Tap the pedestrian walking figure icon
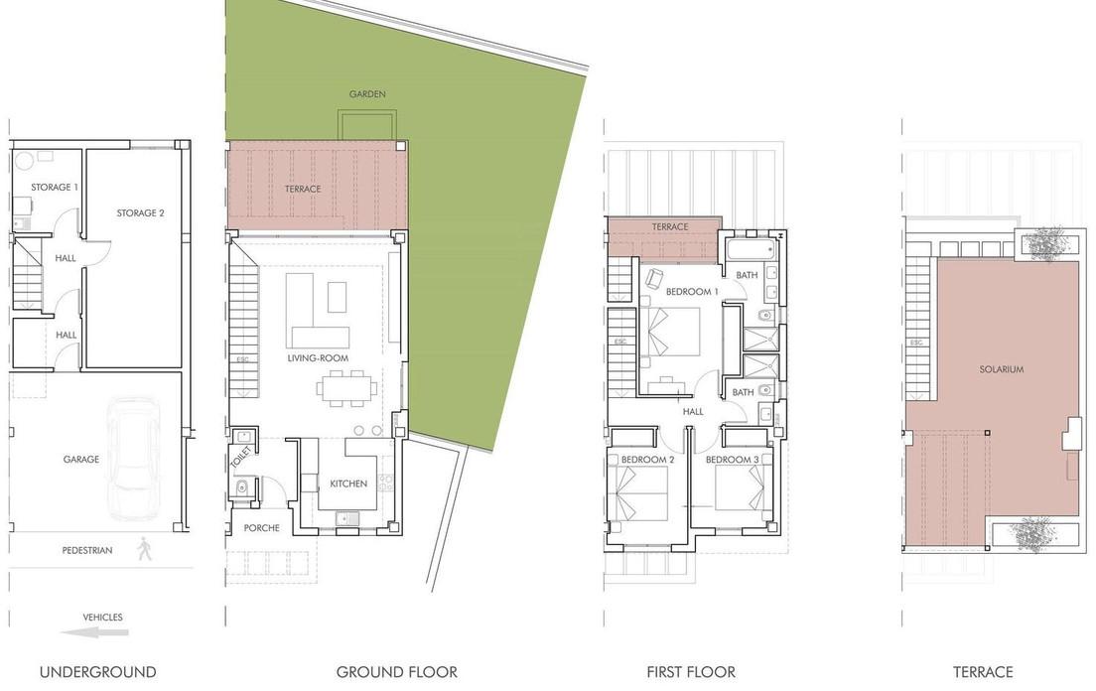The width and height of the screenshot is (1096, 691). coord(145,548)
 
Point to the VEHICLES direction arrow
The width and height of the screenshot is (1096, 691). coord(94,633)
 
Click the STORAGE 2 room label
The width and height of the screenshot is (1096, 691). coord(141,213)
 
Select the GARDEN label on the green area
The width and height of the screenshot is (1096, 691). coord(367,94)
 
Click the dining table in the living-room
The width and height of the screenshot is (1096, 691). coord(346,388)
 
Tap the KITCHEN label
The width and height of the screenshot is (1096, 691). coord(348,484)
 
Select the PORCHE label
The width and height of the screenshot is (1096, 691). coord(262,528)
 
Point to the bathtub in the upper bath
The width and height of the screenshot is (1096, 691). coord(751,249)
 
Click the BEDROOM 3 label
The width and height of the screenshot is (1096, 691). coord(732,460)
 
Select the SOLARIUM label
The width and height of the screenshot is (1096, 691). coord(1002,369)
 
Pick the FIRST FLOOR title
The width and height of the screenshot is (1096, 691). coord(691,672)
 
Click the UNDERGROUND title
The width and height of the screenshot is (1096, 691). coord(98,672)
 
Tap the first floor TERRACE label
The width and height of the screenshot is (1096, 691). coord(670,227)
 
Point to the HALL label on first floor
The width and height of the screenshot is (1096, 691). coord(693,412)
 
